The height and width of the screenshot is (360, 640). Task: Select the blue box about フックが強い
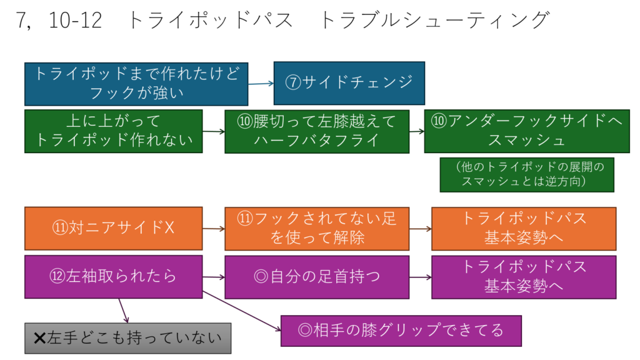click(136, 83)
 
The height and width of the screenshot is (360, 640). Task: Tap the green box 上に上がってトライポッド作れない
click(114, 131)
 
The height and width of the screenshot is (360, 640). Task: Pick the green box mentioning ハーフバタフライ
click(317, 131)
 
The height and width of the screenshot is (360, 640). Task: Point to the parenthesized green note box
click(527, 174)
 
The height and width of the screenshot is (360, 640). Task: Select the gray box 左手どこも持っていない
click(127, 338)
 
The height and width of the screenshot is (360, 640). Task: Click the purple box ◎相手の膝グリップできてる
click(401, 330)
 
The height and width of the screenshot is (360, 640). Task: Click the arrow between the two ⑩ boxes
click(416, 132)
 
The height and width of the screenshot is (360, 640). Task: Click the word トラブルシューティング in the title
click(434, 21)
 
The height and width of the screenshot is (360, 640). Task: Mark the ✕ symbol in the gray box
click(39, 338)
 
